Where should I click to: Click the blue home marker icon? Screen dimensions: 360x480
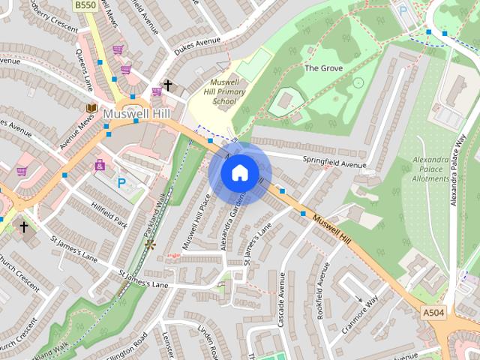(239, 173)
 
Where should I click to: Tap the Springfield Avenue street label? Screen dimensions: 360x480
(334, 163)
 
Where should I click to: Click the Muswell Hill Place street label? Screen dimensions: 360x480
(195, 222)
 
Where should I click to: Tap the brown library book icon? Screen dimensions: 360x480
(91, 109)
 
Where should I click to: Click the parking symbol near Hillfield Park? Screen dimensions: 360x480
(121, 181)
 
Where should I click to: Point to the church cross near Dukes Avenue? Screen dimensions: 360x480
(168, 86)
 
